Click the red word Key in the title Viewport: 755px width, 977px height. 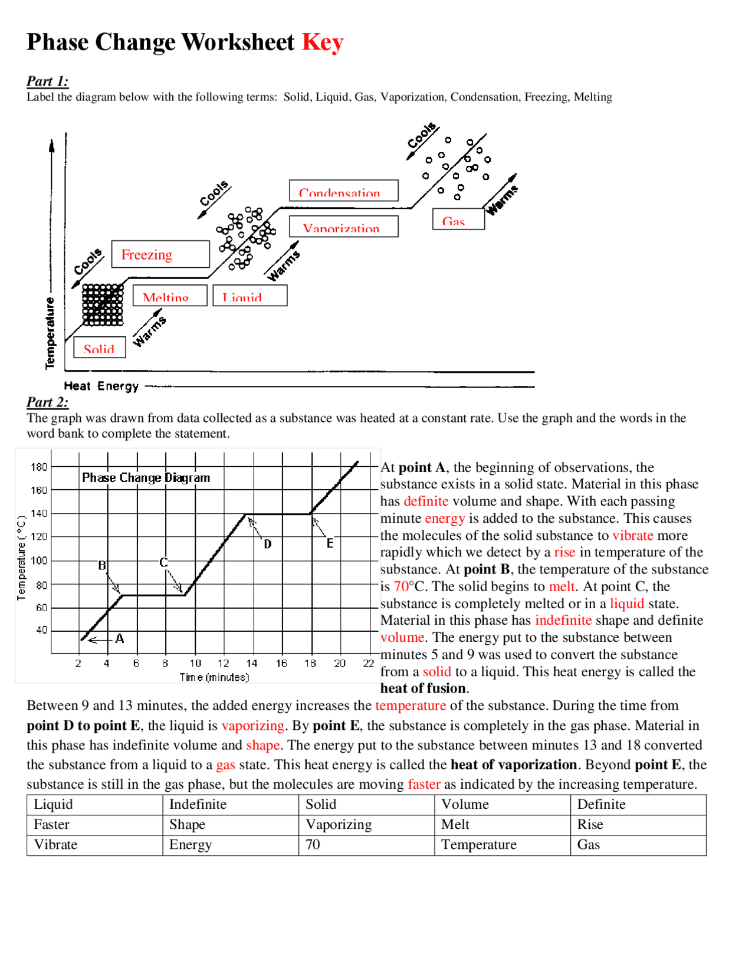pos(322,42)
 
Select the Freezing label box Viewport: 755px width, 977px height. pos(160,254)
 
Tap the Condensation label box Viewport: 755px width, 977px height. pos(343,191)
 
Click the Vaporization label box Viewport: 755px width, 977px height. pos(343,227)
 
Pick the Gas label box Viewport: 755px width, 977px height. pos(458,219)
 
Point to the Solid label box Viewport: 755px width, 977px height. pos(100,347)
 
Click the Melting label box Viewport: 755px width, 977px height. pos(170,296)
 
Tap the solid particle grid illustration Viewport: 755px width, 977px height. pos(103,304)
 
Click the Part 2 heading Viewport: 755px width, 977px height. pos(47,402)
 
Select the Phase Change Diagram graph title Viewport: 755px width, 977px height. pos(146,477)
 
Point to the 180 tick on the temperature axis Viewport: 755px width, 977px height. pos(39,467)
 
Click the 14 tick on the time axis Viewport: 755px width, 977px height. pos(252,663)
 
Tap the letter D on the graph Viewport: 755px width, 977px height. pos(268,544)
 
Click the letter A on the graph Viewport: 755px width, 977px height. pos(120,638)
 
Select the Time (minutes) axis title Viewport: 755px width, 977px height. pos(214,677)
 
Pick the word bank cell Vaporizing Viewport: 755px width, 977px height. pos(339,824)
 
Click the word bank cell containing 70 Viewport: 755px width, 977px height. pos(313,844)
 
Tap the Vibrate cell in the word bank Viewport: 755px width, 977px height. pos(55,844)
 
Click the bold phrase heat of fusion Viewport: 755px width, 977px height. pos(423,688)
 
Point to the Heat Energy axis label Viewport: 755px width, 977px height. pos(101,386)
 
